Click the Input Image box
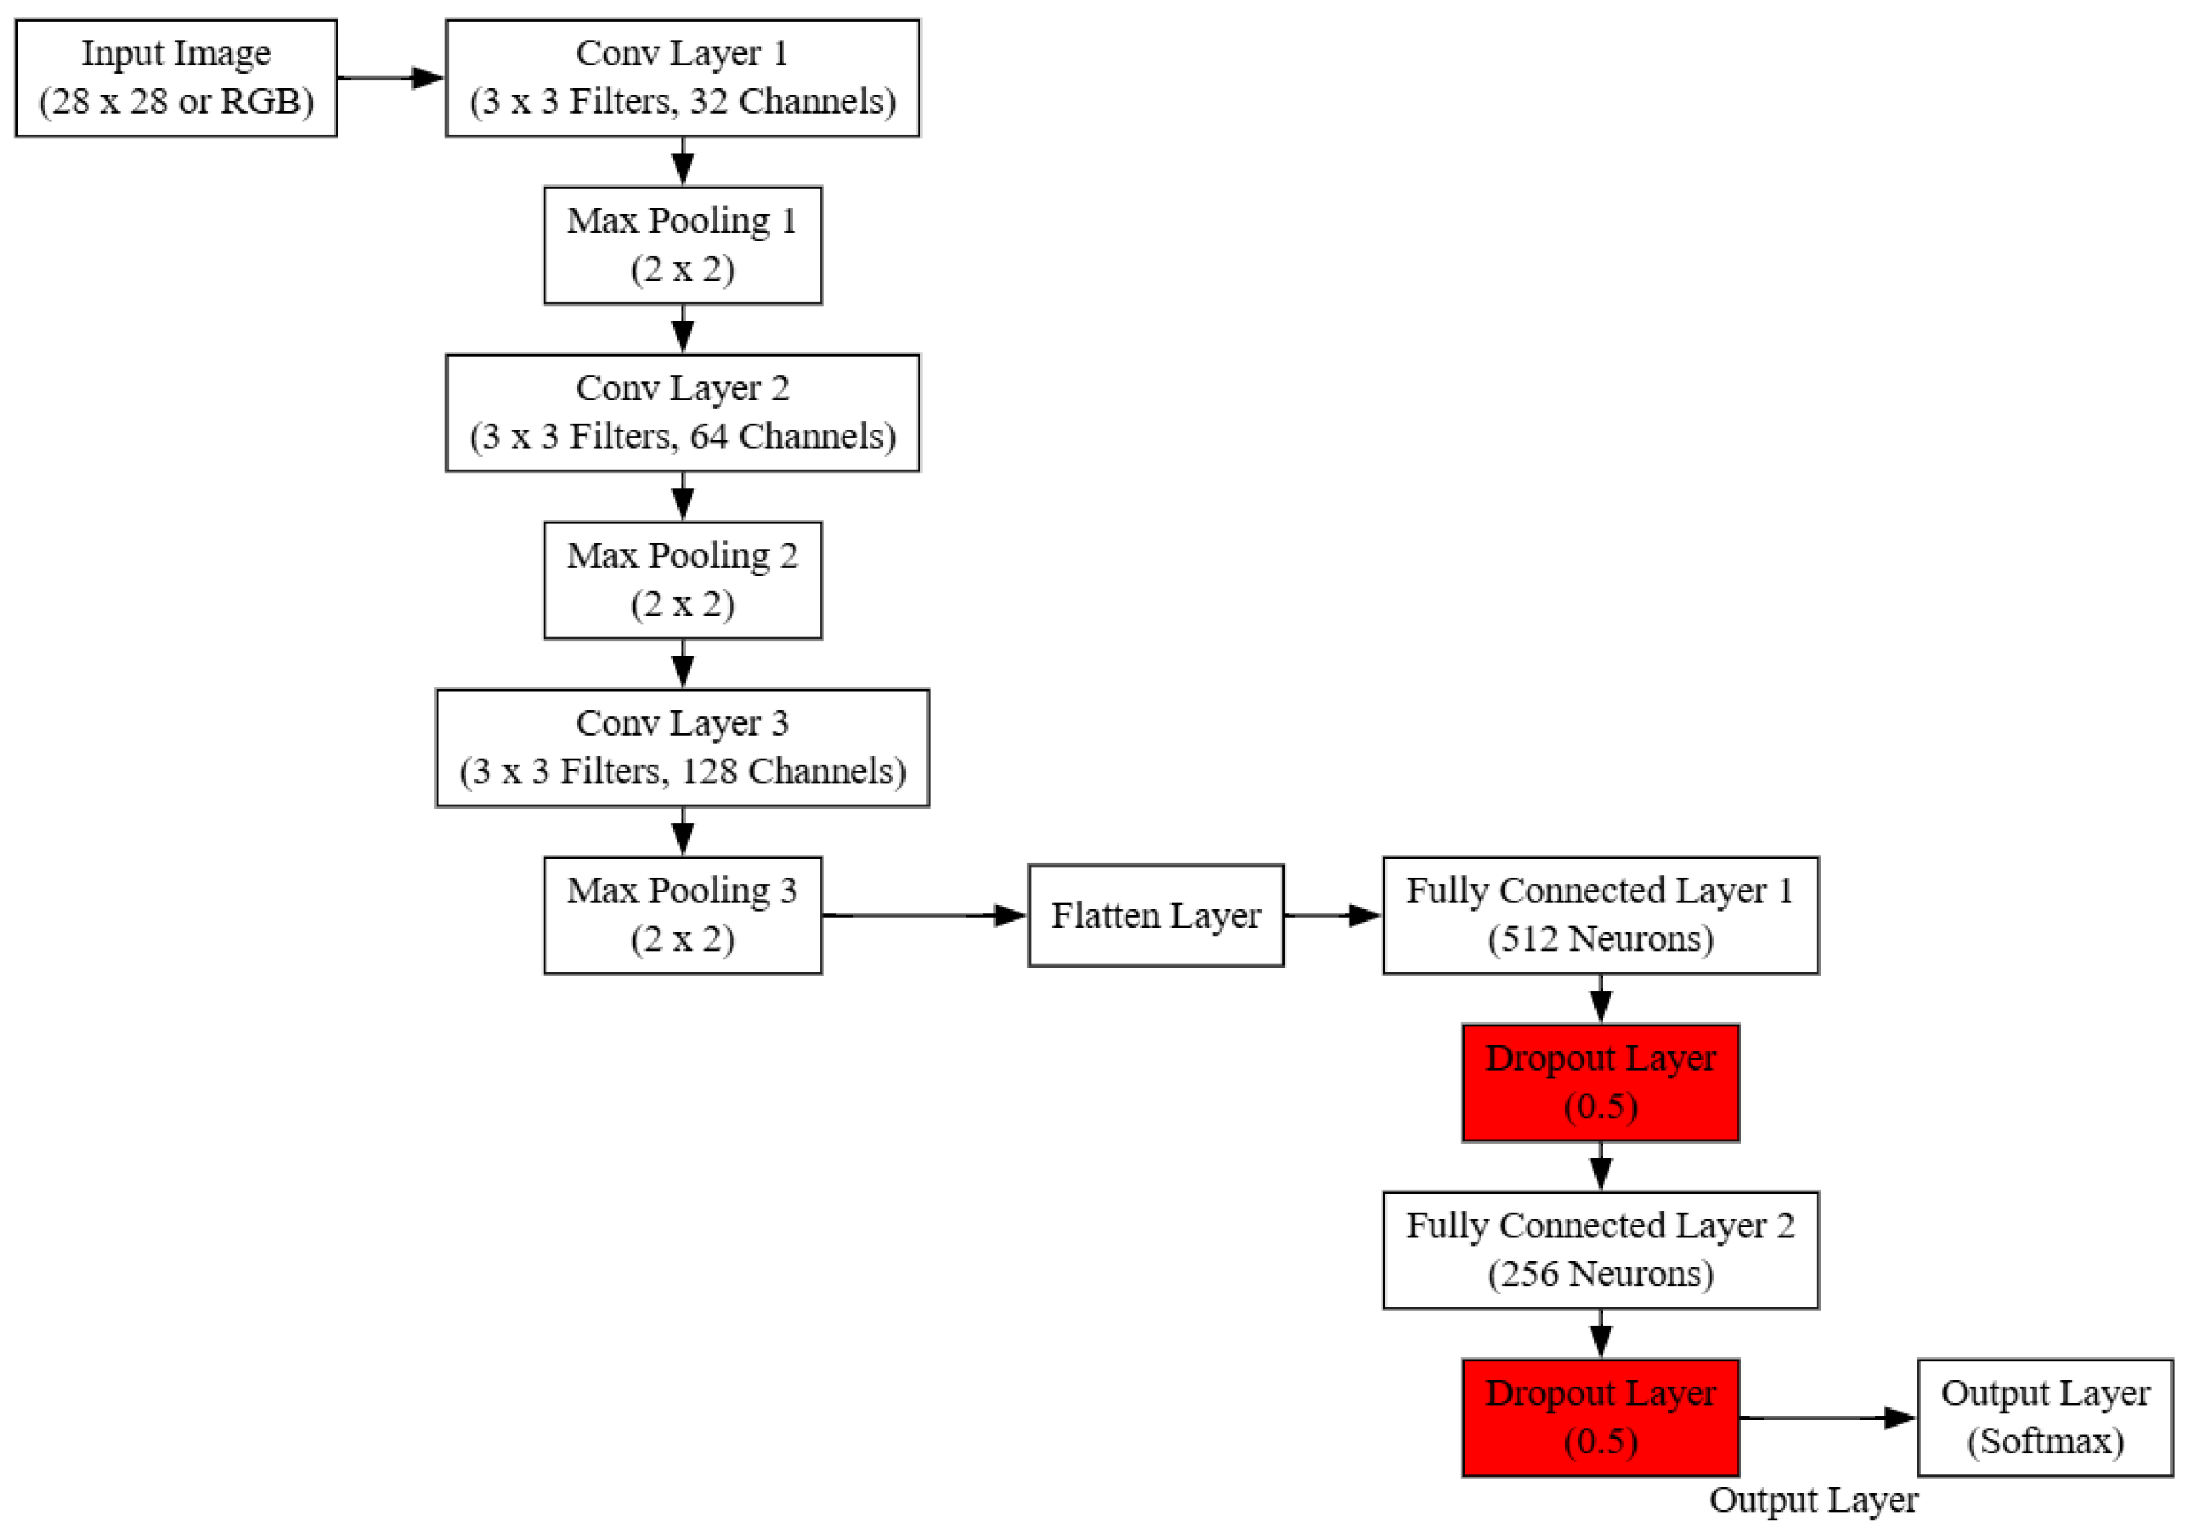tap(176, 78)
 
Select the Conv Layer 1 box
tap(683, 78)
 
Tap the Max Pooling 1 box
tap(683, 246)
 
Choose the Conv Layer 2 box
tap(683, 414)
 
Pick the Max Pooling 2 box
tap(683, 580)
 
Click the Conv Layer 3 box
tap(683, 748)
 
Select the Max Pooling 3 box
tap(683, 915)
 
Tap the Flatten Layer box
tap(1156, 915)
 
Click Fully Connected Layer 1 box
tap(1601, 915)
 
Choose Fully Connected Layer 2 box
tap(1601, 1251)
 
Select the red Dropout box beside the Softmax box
tap(1601, 1418)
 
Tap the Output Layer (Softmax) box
tap(2046, 1418)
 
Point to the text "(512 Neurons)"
tap(1601, 938)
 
